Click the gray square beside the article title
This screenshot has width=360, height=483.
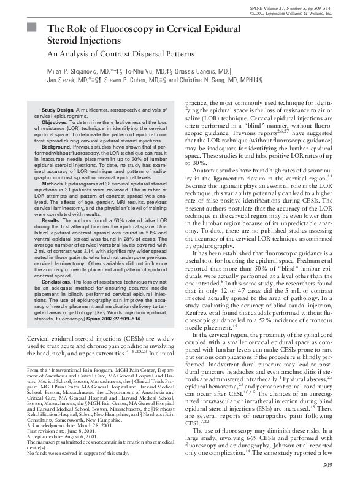(33, 28)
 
